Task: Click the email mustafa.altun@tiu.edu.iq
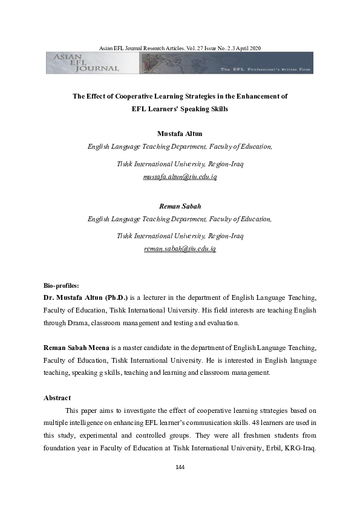coord(180,177)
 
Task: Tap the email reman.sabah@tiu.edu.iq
coord(180,248)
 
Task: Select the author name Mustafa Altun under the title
coord(180,133)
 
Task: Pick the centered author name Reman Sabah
coord(180,206)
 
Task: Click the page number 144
coord(180,467)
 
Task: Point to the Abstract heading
coord(57,398)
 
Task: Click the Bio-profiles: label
coord(62,285)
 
